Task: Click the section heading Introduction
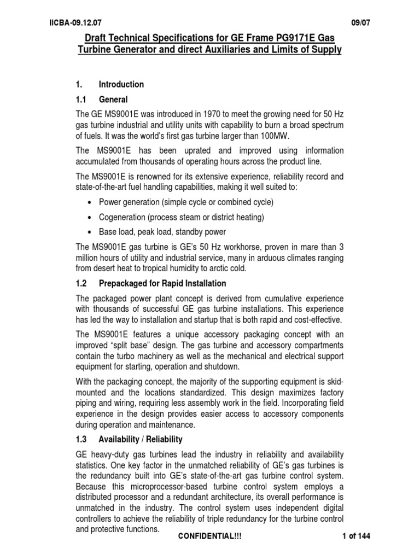121,84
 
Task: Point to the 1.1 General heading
102,100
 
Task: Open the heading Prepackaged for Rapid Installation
162,284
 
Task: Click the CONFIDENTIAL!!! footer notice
210,536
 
